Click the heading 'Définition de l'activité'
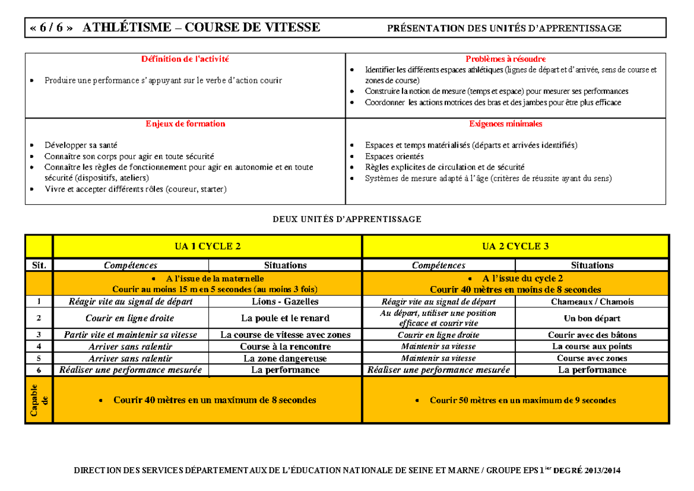(185, 59)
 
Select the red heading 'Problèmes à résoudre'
(505, 59)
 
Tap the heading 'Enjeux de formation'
(185, 124)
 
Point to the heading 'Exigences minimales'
(505, 124)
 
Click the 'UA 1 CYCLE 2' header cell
(208, 246)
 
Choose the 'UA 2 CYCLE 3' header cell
(515, 246)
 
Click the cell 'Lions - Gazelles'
(285, 301)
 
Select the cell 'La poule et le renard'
(285, 318)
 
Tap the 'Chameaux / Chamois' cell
(592, 301)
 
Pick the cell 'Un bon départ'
(592, 318)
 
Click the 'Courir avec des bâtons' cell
(592, 335)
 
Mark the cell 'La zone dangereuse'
(285, 358)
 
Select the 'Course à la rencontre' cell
(285, 346)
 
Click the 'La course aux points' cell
(592, 346)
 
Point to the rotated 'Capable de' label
(39, 399)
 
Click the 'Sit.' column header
(39, 265)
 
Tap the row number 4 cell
(39, 346)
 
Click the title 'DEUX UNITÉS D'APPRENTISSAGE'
(347, 219)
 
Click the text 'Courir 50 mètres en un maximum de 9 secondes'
(522, 400)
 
